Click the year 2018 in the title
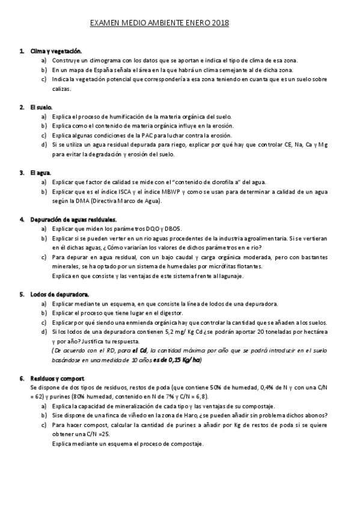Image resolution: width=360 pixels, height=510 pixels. [x=219, y=23]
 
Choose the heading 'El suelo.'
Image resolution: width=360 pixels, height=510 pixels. [x=41, y=107]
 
